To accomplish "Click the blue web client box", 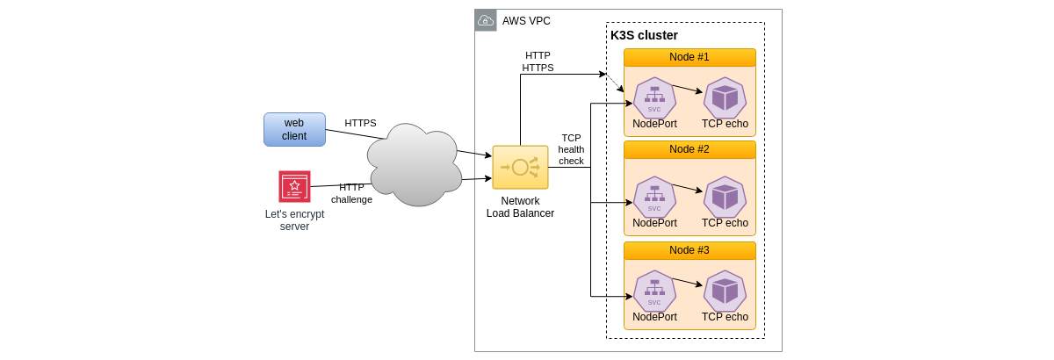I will (294, 129).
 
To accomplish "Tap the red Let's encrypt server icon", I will (294, 186).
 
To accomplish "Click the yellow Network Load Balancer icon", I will (520, 167).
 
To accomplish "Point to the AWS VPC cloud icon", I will (486, 20).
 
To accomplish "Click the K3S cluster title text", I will (644, 35).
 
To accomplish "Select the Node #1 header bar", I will (689, 57).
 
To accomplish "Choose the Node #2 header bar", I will (689, 149).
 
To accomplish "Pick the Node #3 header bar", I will (689, 250).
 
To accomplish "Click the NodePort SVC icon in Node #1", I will (654, 97).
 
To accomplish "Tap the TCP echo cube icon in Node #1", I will (725, 97).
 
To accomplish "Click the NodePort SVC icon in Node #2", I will (654, 197).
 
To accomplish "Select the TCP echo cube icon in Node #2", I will (725, 197).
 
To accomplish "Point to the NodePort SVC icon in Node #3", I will (654, 291).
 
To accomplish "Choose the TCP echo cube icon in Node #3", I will (725, 291).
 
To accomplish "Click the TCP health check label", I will (571, 149).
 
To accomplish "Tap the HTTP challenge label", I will (351, 193).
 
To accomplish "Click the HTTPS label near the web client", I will (360, 123).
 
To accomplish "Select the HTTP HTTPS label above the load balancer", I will (538, 61).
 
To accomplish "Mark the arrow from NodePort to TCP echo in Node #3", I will (687, 282).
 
